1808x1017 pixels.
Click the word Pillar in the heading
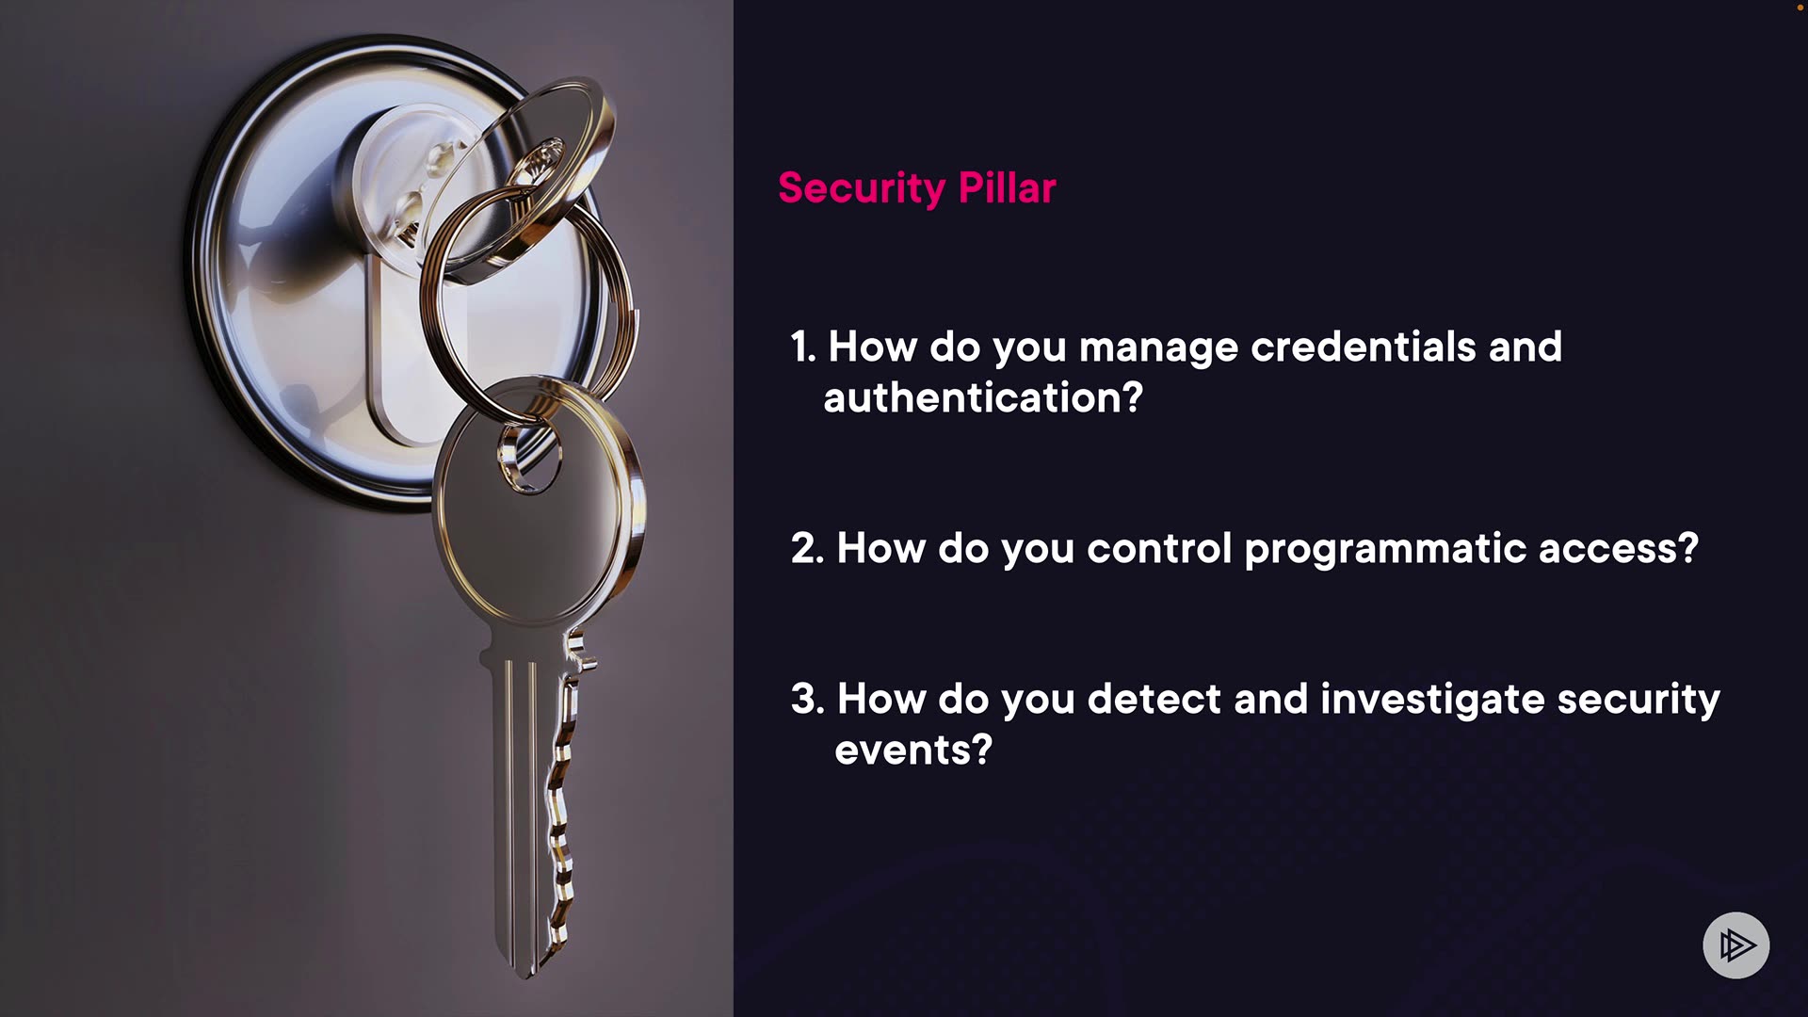point(1007,187)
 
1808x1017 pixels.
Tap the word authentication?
point(983,397)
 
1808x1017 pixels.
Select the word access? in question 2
point(1619,549)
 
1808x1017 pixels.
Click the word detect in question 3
point(1154,699)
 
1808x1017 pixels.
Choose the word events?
point(913,751)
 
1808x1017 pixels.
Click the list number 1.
point(802,347)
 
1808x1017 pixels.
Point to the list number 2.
point(807,548)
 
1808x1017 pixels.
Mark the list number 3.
point(807,699)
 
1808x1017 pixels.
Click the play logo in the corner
point(1736,944)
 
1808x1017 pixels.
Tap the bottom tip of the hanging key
point(525,974)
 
